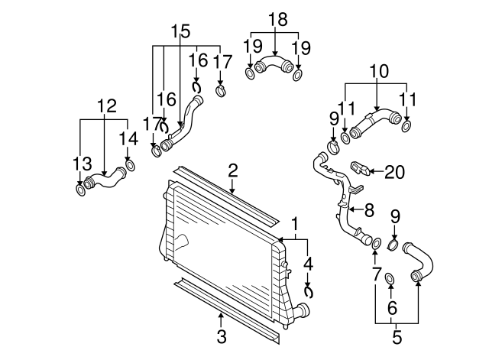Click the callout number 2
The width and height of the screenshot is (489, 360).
(232, 170)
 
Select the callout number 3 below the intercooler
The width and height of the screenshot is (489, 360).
(221, 336)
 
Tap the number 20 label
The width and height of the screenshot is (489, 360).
(394, 172)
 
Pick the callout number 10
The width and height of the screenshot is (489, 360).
(378, 71)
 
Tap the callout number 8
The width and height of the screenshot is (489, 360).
(369, 208)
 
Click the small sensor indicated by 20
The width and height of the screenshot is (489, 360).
(359, 167)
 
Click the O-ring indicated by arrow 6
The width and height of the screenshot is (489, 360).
(390, 278)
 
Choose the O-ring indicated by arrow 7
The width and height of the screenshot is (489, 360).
(375, 243)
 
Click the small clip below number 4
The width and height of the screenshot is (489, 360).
(309, 290)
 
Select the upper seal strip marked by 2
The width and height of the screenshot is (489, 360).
(222, 195)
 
